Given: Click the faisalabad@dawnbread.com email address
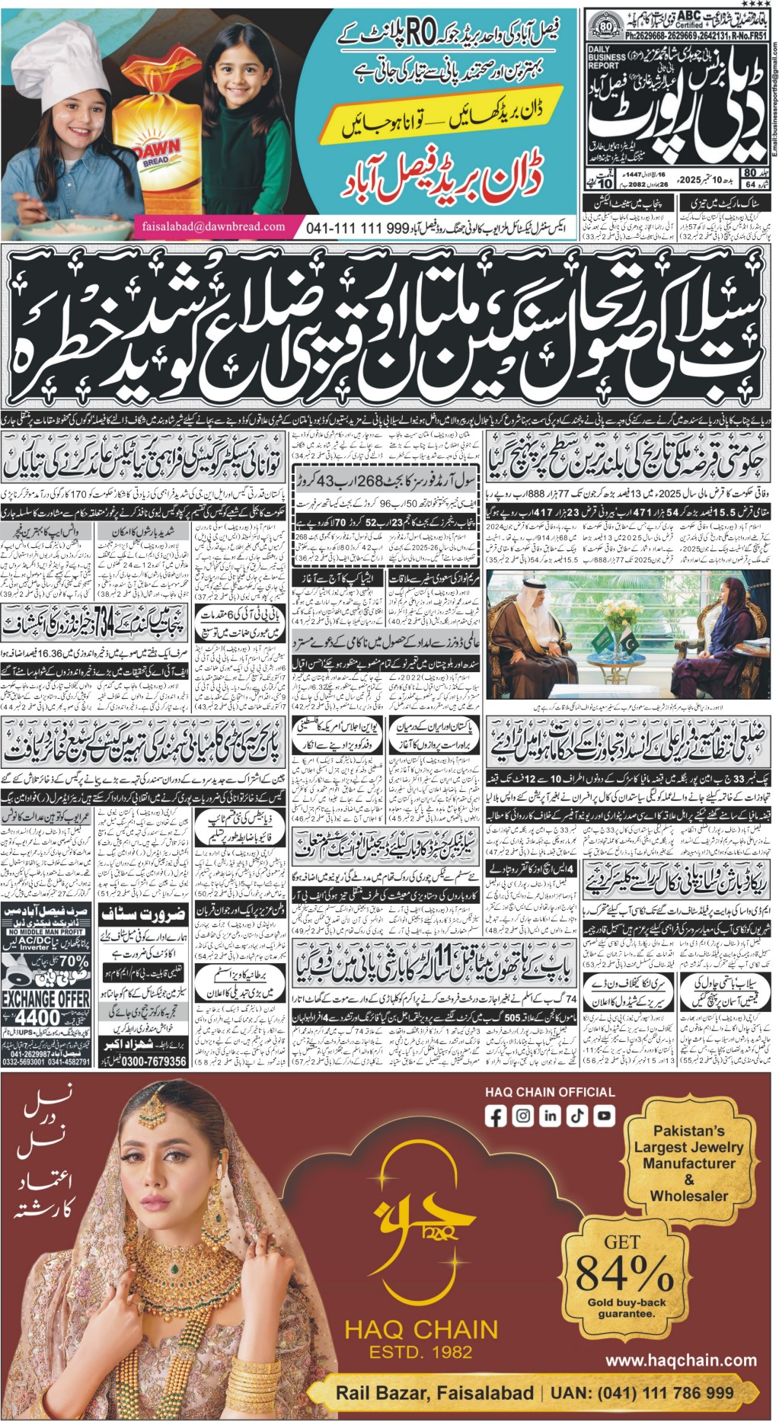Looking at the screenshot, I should click(x=213, y=226).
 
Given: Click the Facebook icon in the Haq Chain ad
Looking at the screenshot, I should click(x=496, y=1116).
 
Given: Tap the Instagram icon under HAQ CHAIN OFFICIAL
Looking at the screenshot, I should click(x=523, y=1116).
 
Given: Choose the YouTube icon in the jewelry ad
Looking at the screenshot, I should click(x=604, y=1116).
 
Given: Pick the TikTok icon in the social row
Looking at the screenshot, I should click(x=577, y=1116).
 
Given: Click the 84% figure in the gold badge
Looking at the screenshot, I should click(x=624, y=1272).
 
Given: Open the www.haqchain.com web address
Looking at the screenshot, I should click(x=681, y=1360).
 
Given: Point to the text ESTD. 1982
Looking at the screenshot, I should click(x=420, y=1353).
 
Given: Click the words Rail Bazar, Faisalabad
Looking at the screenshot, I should click(x=434, y=1393).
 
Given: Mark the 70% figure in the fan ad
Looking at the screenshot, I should click(x=72, y=962).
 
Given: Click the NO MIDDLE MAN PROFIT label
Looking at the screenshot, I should click(x=46, y=932).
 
